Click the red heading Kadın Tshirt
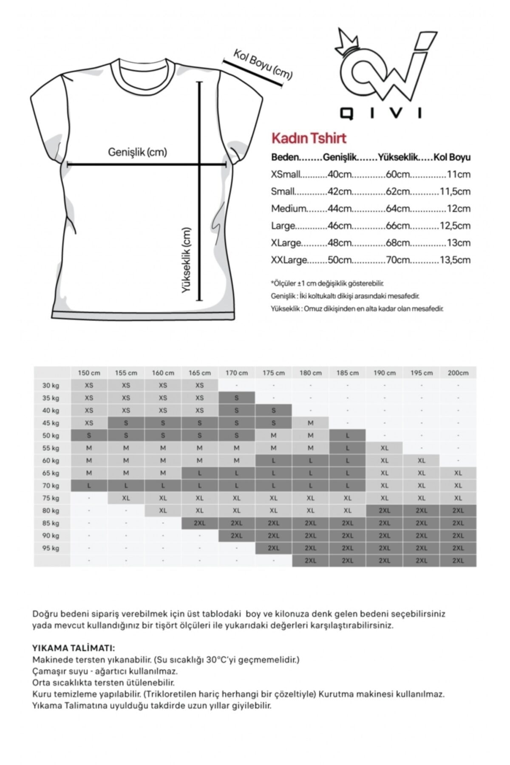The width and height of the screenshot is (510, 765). [x=309, y=138]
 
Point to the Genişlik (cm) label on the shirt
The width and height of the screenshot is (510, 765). [x=137, y=152]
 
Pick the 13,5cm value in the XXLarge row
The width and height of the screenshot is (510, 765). [x=455, y=260]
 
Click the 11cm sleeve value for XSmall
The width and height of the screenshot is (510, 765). [x=459, y=174]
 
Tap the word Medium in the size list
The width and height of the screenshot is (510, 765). [x=289, y=209]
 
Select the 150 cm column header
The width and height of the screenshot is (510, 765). [x=89, y=373]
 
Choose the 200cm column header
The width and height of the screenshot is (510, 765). [x=458, y=373]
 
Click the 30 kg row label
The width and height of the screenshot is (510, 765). [x=51, y=385]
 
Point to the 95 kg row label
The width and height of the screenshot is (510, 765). [x=51, y=548]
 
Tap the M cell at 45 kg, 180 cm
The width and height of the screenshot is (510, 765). [x=311, y=423]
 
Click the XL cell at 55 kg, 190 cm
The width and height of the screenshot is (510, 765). [x=385, y=448]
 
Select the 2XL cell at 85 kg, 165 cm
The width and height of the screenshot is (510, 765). [x=200, y=523]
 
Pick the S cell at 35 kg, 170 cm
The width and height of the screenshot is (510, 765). [x=237, y=398]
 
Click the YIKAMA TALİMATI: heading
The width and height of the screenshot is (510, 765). [x=73, y=649]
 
